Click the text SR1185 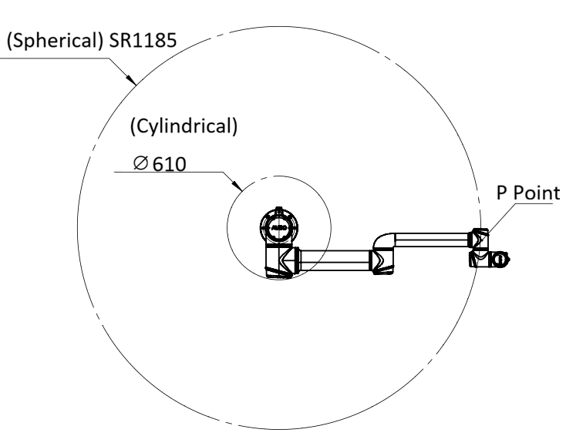(x=143, y=40)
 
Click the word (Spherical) (x=56, y=41)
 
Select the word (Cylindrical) (x=184, y=126)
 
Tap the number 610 (x=170, y=164)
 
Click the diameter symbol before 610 (x=141, y=163)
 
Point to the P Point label (x=528, y=193)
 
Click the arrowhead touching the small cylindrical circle (x=238, y=185)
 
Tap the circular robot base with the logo (x=278, y=227)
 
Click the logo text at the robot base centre (x=278, y=228)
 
